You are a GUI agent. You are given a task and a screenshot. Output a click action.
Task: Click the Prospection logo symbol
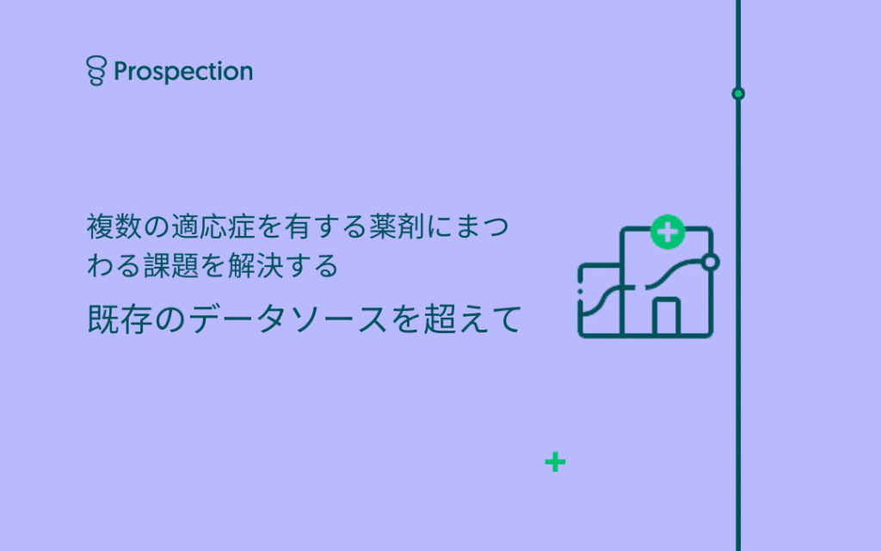pyautogui.click(x=96, y=71)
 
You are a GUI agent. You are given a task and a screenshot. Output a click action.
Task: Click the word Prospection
pyautogui.click(x=183, y=72)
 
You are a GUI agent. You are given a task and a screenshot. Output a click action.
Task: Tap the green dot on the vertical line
pyautogui.click(x=738, y=94)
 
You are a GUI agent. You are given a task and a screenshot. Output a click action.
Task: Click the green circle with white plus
pyautogui.click(x=668, y=232)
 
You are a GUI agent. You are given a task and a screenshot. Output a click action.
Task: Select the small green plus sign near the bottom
pyautogui.click(x=555, y=462)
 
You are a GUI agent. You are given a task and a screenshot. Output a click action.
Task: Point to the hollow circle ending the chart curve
pyautogui.click(x=711, y=262)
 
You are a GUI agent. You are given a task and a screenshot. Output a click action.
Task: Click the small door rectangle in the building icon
pyautogui.click(x=667, y=316)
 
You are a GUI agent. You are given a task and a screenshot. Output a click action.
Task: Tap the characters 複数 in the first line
pyautogui.click(x=114, y=226)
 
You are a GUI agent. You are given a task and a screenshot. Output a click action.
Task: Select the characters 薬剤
pyautogui.click(x=397, y=226)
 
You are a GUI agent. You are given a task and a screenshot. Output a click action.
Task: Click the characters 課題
pyautogui.click(x=171, y=265)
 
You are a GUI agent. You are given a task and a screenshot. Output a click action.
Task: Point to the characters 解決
pyautogui.click(x=256, y=265)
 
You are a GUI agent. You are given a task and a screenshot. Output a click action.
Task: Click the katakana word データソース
pyautogui.click(x=287, y=319)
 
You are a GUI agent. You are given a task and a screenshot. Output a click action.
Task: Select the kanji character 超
pyautogui.click(x=440, y=319)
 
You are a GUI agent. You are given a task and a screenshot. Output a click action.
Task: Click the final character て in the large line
pyautogui.click(x=507, y=319)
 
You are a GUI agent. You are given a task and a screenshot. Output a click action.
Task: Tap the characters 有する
pyautogui.click(x=326, y=226)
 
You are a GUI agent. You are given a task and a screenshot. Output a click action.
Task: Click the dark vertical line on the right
pyautogui.click(x=738, y=275)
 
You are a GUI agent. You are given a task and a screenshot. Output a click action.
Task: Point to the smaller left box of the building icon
pyautogui.click(x=600, y=300)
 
